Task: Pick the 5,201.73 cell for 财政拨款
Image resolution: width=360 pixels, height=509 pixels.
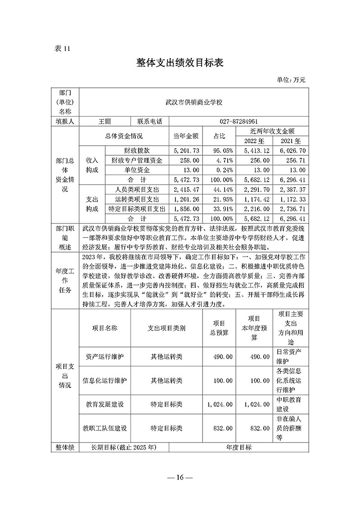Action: point(186,150)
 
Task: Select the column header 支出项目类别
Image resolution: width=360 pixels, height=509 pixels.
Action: point(166,328)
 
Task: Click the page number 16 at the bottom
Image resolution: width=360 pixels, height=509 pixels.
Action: point(180,477)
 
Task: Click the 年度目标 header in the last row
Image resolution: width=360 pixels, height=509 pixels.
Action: point(238,448)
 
